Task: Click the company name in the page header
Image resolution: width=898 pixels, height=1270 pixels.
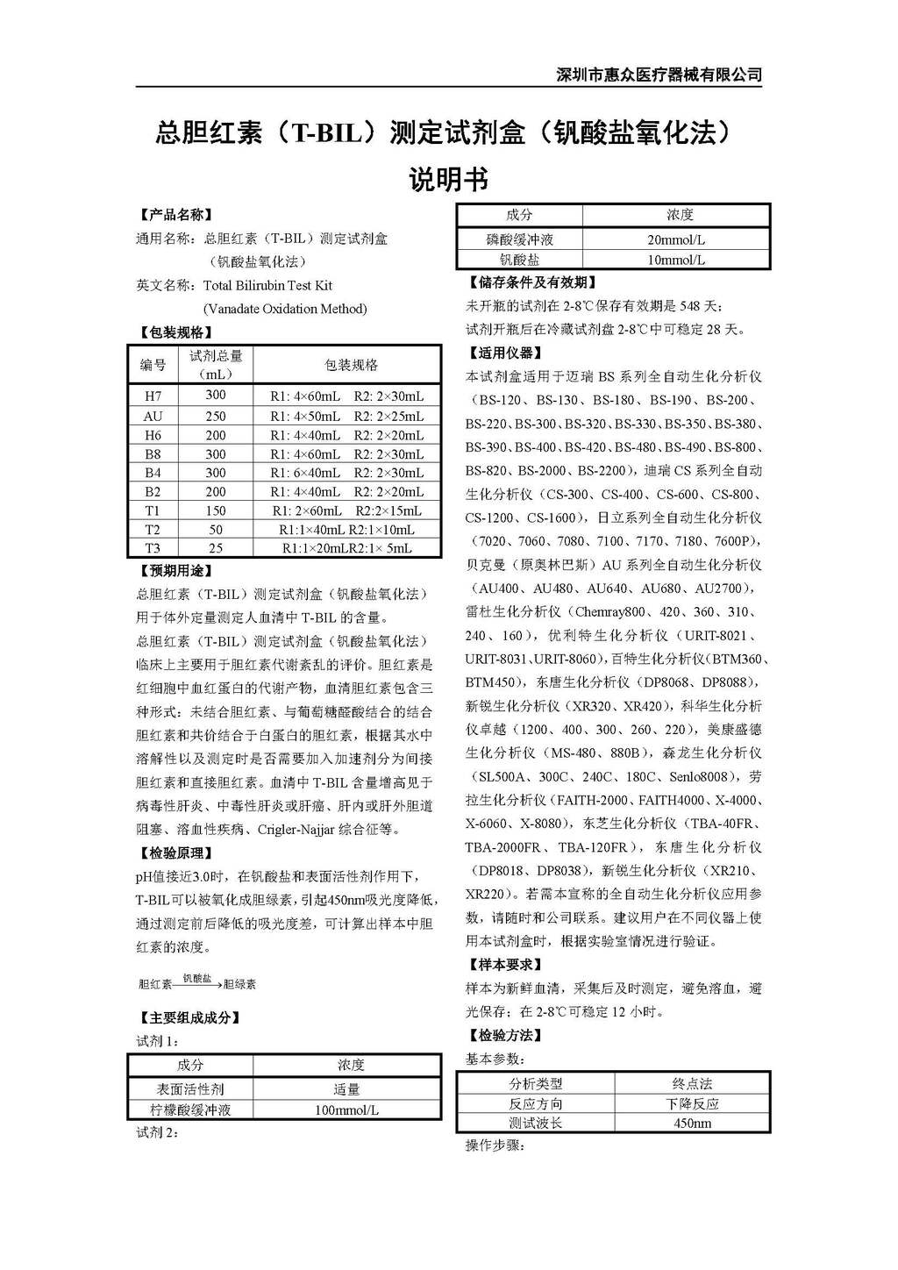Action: tap(659, 75)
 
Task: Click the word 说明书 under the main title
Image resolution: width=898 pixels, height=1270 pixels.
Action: tap(448, 180)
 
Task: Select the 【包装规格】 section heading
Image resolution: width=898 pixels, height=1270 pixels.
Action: tap(175, 332)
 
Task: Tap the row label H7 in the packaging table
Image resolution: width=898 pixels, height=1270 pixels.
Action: tap(153, 396)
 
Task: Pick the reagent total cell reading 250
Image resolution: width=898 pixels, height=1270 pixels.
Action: tap(216, 416)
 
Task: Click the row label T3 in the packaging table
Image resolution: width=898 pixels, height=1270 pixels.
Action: tap(153, 548)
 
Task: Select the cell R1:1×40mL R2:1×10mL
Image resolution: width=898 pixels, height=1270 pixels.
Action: tap(346, 530)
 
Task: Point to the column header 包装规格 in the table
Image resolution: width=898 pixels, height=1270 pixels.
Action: tap(351, 365)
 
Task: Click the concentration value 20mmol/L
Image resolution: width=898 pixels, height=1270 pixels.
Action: tap(676, 239)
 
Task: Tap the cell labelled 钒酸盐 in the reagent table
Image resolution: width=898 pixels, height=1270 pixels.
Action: tap(519, 260)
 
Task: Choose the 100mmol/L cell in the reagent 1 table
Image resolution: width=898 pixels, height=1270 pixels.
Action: tap(346, 1110)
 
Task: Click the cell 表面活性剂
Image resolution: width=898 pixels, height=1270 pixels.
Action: tap(190, 1089)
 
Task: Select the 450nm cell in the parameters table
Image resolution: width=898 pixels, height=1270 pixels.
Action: tap(692, 1124)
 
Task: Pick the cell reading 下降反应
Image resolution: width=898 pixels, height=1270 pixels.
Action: tap(692, 1104)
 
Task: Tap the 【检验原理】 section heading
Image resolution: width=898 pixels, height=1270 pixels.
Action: tap(175, 853)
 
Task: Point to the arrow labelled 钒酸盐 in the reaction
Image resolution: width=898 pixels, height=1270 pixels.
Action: tap(196, 982)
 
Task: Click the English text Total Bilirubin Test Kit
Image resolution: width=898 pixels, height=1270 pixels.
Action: tap(267, 285)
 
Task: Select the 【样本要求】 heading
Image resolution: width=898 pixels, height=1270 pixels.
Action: tap(504, 965)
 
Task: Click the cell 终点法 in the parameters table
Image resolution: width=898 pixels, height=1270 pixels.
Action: tap(692, 1084)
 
